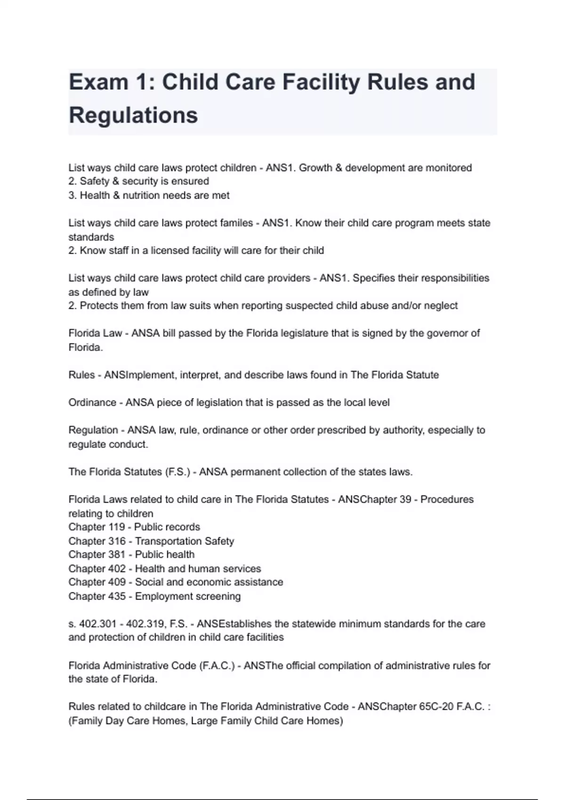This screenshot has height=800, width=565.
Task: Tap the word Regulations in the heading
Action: (x=133, y=115)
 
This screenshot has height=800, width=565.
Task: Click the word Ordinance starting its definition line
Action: (x=92, y=403)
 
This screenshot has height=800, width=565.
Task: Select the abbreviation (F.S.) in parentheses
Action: (x=178, y=472)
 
